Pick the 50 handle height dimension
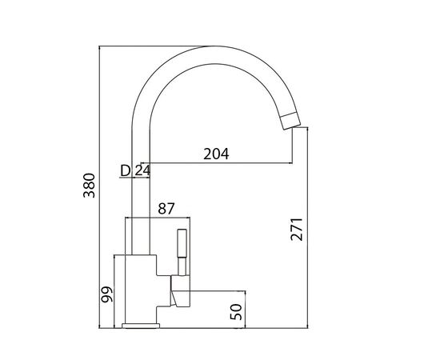[235, 310]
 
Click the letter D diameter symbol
[126, 170]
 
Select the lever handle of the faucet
[179, 253]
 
